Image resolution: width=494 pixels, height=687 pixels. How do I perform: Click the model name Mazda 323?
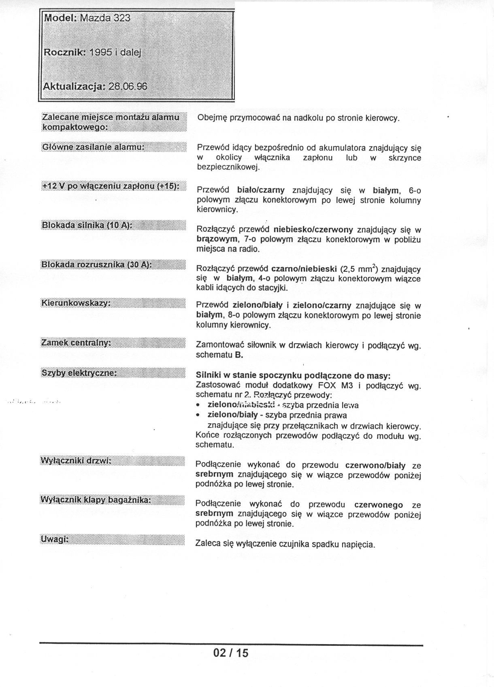pyautogui.click(x=105, y=18)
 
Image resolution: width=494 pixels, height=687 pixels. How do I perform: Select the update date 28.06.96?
pyautogui.click(x=128, y=87)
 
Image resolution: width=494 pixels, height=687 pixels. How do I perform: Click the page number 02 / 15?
pyautogui.click(x=231, y=653)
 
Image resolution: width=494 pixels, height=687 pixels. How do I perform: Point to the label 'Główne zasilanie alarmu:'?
pyautogui.click(x=94, y=147)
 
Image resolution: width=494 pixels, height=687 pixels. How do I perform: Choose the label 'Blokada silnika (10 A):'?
pyautogui.click(x=87, y=225)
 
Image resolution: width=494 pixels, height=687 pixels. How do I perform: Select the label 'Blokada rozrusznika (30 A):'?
pyautogui.click(x=97, y=265)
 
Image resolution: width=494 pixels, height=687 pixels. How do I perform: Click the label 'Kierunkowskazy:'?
pyautogui.click(x=76, y=303)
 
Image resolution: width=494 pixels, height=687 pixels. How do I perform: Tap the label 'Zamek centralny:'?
pyautogui.click(x=76, y=343)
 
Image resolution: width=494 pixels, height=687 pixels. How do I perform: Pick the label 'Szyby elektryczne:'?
pyautogui.click(x=79, y=372)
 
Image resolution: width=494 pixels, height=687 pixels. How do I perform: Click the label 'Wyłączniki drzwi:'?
pyautogui.click(x=76, y=461)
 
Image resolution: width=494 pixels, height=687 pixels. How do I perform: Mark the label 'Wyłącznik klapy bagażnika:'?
pyautogui.click(x=96, y=500)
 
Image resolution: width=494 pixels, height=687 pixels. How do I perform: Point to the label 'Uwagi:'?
pyautogui.click(x=54, y=539)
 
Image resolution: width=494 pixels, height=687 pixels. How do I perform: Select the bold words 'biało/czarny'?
pyautogui.click(x=261, y=190)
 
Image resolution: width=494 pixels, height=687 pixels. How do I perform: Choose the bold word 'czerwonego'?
pyautogui.click(x=379, y=505)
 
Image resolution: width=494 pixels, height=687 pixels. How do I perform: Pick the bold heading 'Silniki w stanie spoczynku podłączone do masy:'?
pyautogui.click(x=293, y=375)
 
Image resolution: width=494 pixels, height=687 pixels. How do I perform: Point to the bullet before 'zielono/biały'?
pyautogui.click(x=198, y=415)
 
